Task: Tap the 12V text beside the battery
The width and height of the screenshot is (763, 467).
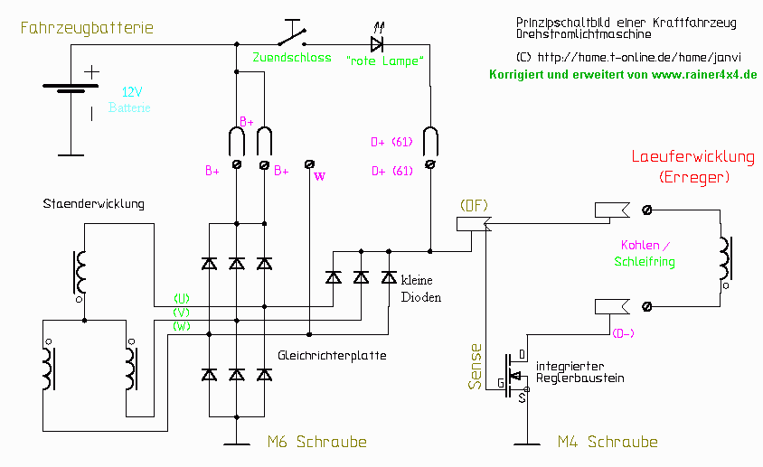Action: [x=132, y=93]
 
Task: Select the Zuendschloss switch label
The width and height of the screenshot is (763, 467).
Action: [x=291, y=57]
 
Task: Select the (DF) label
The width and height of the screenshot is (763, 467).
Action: [x=474, y=205]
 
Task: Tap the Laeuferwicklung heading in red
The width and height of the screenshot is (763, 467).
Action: [x=692, y=157]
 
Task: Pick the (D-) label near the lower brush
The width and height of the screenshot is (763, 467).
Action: [x=624, y=333]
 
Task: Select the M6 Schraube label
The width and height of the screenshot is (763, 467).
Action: [x=317, y=442]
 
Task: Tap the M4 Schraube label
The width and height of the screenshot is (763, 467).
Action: [x=608, y=442]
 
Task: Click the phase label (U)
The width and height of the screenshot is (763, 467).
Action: [x=182, y=298]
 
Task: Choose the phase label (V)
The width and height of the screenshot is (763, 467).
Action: [x=182, y=312]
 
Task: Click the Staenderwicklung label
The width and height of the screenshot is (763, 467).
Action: [x=93, y=204]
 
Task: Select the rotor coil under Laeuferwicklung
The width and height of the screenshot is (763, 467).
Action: [x=725, y=262]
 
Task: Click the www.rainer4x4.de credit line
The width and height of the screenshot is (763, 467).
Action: [x=623, y=74]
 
